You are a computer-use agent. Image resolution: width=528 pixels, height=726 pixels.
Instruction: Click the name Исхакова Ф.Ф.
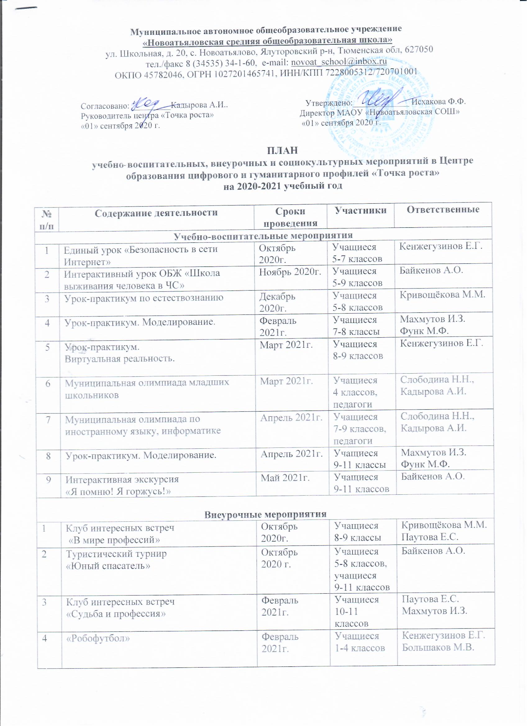[438, 102]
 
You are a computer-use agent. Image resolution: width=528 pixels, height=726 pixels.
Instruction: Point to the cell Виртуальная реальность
[120, 359]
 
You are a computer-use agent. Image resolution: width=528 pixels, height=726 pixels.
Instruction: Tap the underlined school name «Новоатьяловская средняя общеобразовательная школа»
[267, 41]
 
